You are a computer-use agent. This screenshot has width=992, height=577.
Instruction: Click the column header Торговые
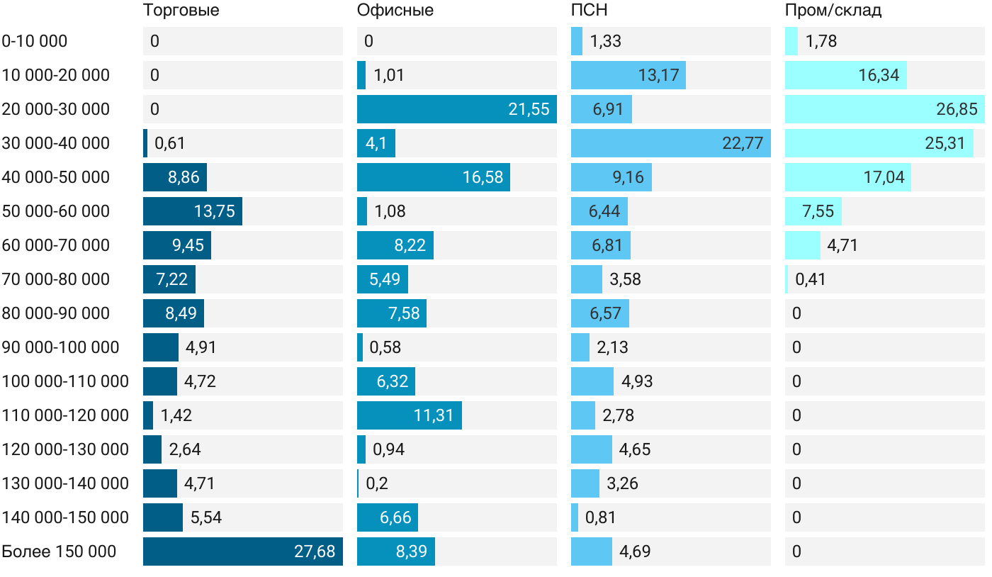(x=181, y=11)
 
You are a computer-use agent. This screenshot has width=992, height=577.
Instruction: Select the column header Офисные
(x=395, y=11)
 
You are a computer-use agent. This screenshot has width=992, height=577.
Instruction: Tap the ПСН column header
(x=589, y=11)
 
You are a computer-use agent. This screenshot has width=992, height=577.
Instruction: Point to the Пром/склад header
(x=833, y=11)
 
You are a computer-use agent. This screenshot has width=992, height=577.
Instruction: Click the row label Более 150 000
(x=59, y=551)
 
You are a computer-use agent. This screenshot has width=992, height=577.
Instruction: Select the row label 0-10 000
(x=35, y=41)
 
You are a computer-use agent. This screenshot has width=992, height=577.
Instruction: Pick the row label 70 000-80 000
(x=56, y=279)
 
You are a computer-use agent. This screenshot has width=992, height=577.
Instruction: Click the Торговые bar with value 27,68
(x=242, y=551)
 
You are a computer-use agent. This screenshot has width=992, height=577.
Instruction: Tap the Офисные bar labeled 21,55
(x=456, y=109)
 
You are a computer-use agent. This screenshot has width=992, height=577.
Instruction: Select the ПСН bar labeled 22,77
(x=670, y=143)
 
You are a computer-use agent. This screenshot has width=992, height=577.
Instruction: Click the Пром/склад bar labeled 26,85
(x=884, y=109)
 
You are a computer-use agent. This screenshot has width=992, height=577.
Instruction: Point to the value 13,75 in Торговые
(x=215, y=211)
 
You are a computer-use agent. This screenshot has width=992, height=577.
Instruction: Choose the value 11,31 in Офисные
(x=434, y=415)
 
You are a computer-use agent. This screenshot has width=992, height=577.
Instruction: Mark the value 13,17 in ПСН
(x=658, y=75)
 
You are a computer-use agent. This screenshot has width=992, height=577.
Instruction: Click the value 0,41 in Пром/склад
(x=811, y=279)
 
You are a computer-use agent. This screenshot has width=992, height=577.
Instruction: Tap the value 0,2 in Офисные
(x=377, y=483)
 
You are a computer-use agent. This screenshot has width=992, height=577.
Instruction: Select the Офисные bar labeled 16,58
(x=433, y=177)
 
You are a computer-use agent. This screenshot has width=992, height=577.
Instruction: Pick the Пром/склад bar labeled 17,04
(x=847, y=177)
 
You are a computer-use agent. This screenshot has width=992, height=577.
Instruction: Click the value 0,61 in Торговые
(x=170, y=143)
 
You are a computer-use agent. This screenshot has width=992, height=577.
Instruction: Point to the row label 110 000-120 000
(x=65, y=415)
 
